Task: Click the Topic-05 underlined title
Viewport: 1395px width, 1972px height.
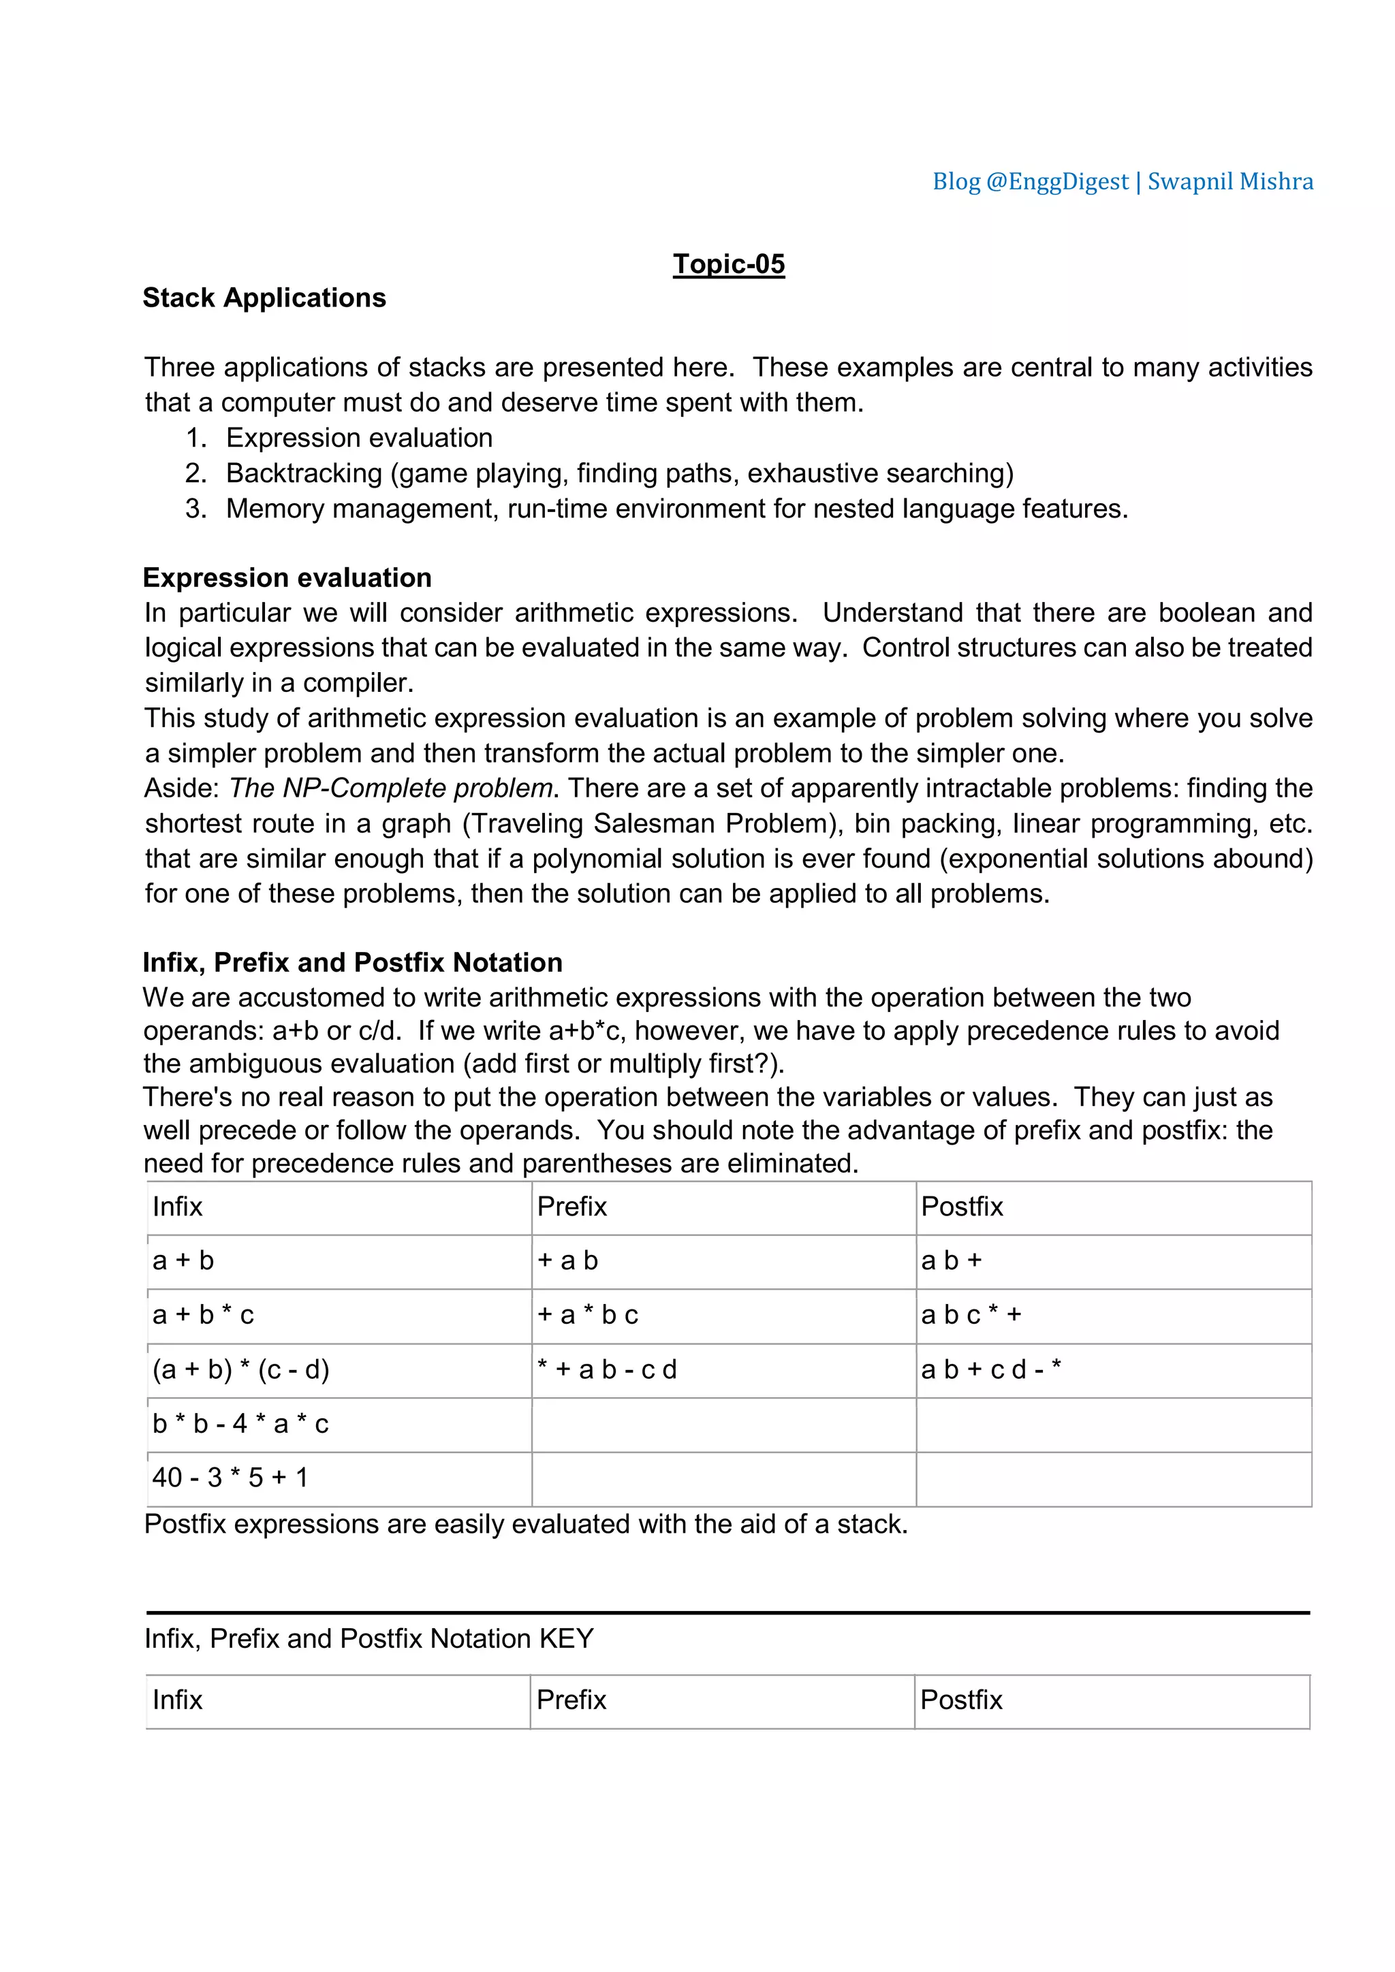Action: coord(728,264)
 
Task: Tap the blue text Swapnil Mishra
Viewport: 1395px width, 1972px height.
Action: coord(1230,181)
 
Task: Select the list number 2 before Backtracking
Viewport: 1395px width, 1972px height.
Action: coord(196,473)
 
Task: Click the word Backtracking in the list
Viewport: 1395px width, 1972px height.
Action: coord(304,473)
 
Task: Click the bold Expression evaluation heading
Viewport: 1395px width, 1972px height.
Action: coord(287,577)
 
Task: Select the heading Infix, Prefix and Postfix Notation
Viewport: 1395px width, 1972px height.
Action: coord(352,962)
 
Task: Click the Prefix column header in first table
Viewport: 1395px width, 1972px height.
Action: coord(572,1207)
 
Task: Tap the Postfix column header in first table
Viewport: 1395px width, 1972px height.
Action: coord(962,1207)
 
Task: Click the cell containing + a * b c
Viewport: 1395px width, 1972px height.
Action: coord(589,1315)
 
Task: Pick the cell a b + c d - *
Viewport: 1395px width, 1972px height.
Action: coord(991,1369)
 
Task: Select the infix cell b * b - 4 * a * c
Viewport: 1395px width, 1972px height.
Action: coord(240,1424)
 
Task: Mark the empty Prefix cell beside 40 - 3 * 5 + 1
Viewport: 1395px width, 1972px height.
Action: coord(723,1478)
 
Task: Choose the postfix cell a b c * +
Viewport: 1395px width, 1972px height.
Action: coord(971,1315)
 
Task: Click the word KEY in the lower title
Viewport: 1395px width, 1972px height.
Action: coord(566,1639)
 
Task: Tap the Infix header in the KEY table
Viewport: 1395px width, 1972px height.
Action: coord(178,1700)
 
